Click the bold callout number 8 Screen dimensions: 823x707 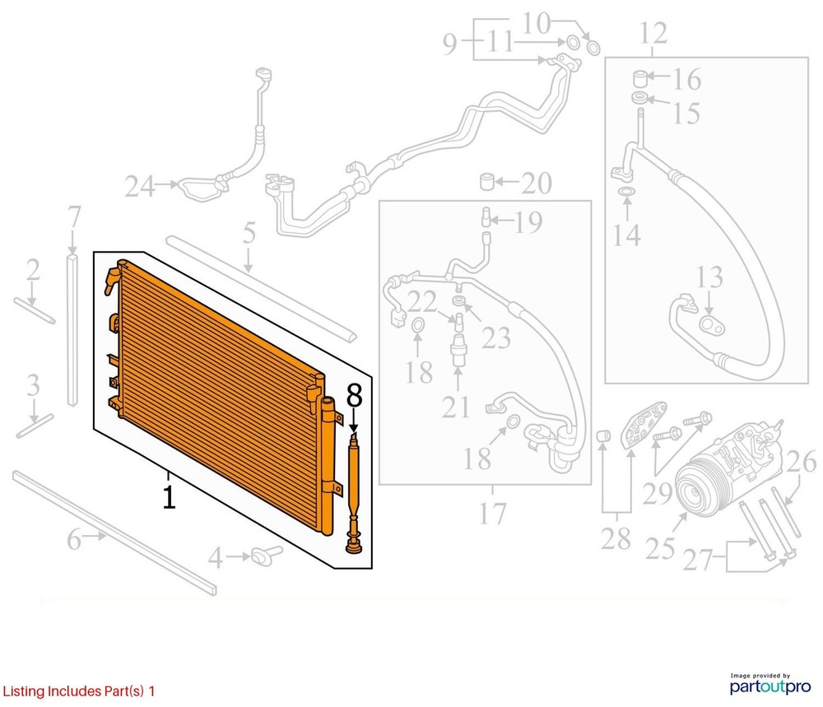pos(354,396)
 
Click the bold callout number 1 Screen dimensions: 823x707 pos(169,498)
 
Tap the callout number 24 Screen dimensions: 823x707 pos(140,187)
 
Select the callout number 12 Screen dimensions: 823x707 pos(653,34)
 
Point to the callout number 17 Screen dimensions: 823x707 pos(492,514)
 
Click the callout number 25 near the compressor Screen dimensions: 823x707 pos(660,549)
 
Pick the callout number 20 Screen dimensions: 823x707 pos(536,184)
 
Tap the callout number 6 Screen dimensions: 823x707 pos(74,540)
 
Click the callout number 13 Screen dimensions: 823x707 pos(709,277)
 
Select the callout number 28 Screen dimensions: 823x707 pos(616,539)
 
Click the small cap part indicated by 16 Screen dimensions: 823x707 pos(639,79)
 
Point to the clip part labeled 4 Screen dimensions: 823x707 pos(266,555)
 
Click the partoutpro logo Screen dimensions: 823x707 pos(770,684)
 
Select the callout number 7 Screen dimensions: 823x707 pos(74,216)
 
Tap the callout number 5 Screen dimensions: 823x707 pos(249,233)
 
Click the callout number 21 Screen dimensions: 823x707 pos(456,407)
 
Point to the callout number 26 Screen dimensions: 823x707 pos(802,462)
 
